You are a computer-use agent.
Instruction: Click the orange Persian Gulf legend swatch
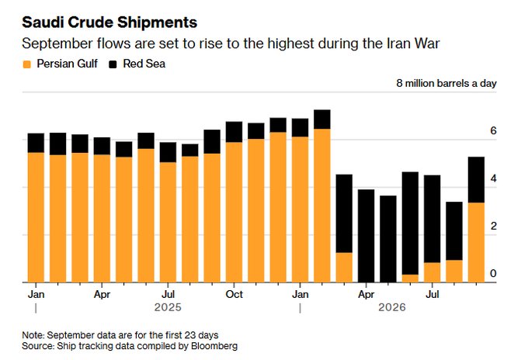coord(26,64)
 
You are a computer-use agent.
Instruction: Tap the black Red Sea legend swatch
coord(113,64)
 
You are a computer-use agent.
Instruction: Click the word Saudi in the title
coord(43,22)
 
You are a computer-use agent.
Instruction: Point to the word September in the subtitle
coord(57,44)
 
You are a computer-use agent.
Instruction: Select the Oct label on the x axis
coord(234,294)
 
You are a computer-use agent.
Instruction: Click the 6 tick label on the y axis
coord(493,130)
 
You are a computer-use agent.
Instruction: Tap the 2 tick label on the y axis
coord(493,226)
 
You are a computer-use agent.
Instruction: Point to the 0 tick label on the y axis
coord(493,274)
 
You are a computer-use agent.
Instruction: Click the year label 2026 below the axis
coord(392,307)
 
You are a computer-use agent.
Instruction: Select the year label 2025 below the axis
coord(168,307)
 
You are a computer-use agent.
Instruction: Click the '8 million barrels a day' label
coord(446,84)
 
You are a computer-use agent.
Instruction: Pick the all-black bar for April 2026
coord(366,236)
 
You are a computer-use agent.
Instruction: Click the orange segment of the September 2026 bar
coord(476,243)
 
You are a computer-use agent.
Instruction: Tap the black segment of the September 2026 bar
coord(476,180)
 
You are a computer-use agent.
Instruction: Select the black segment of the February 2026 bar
coord(322,119)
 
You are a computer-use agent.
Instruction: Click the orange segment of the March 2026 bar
coord(344,268)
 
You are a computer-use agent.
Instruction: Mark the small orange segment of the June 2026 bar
coord(410,279)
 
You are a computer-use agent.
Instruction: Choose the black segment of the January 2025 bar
coord(36,143)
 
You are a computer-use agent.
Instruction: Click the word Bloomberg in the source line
coord(214,346)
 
